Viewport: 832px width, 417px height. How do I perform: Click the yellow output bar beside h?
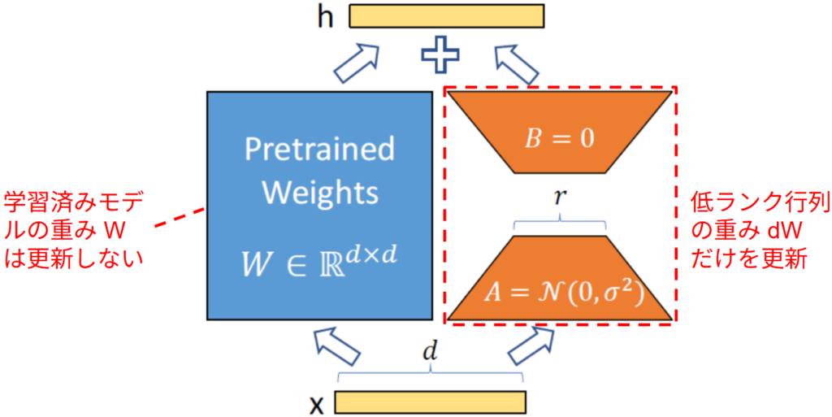click(446, 16)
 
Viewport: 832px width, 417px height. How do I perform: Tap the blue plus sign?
click(440, 59)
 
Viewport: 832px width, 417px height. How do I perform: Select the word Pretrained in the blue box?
click(319, 150)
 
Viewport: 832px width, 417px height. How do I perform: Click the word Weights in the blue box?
click(319, 193)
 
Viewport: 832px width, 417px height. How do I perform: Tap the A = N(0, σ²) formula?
click(561, 293)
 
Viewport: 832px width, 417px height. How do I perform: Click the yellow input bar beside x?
click(430, 402)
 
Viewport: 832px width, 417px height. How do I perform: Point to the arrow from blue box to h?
click(357, 63)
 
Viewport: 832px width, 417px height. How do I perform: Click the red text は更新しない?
click(74, 260)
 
